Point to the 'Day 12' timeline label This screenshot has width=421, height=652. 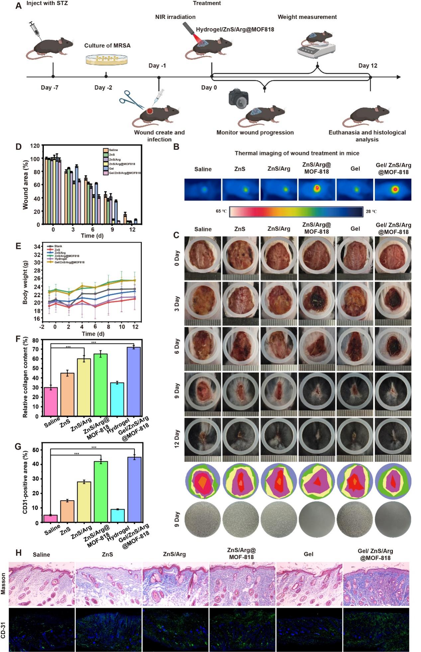tap(368, 66)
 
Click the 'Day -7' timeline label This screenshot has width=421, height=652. tap(50, 88)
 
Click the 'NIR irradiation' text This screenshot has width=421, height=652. tap(175, 17)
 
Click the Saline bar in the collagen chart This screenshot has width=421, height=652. tap(51, 402)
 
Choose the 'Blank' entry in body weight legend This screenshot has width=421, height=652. tap(58, 246)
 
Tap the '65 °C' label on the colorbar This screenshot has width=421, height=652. tap(221, 211)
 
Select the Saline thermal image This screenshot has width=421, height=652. tap(203, 189)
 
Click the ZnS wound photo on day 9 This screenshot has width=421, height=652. tap(240, 394)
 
